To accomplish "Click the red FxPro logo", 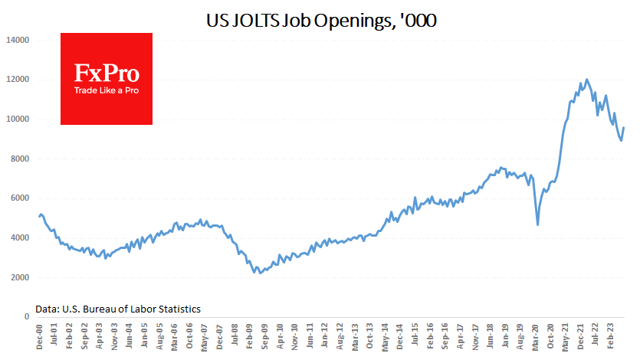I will coord(107,78).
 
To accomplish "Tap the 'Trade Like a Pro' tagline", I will coord(107,90).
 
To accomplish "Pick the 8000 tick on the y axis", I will coord(19,159).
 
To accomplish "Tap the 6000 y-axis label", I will coord(19,198).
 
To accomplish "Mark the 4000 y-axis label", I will coord(19,238).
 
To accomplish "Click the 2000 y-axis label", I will coord(19,278).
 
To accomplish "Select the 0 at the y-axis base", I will coord(26,317).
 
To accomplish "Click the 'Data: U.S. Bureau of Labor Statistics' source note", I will coord(118,309).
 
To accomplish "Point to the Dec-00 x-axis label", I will coord(39,337).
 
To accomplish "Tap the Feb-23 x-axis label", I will coord(611,337).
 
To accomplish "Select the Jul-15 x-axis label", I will coord(415,337).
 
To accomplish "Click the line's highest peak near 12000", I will coord(586,79).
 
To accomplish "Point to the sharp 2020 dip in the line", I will coord(537,224).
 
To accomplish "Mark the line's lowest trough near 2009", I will coord(261,273).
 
